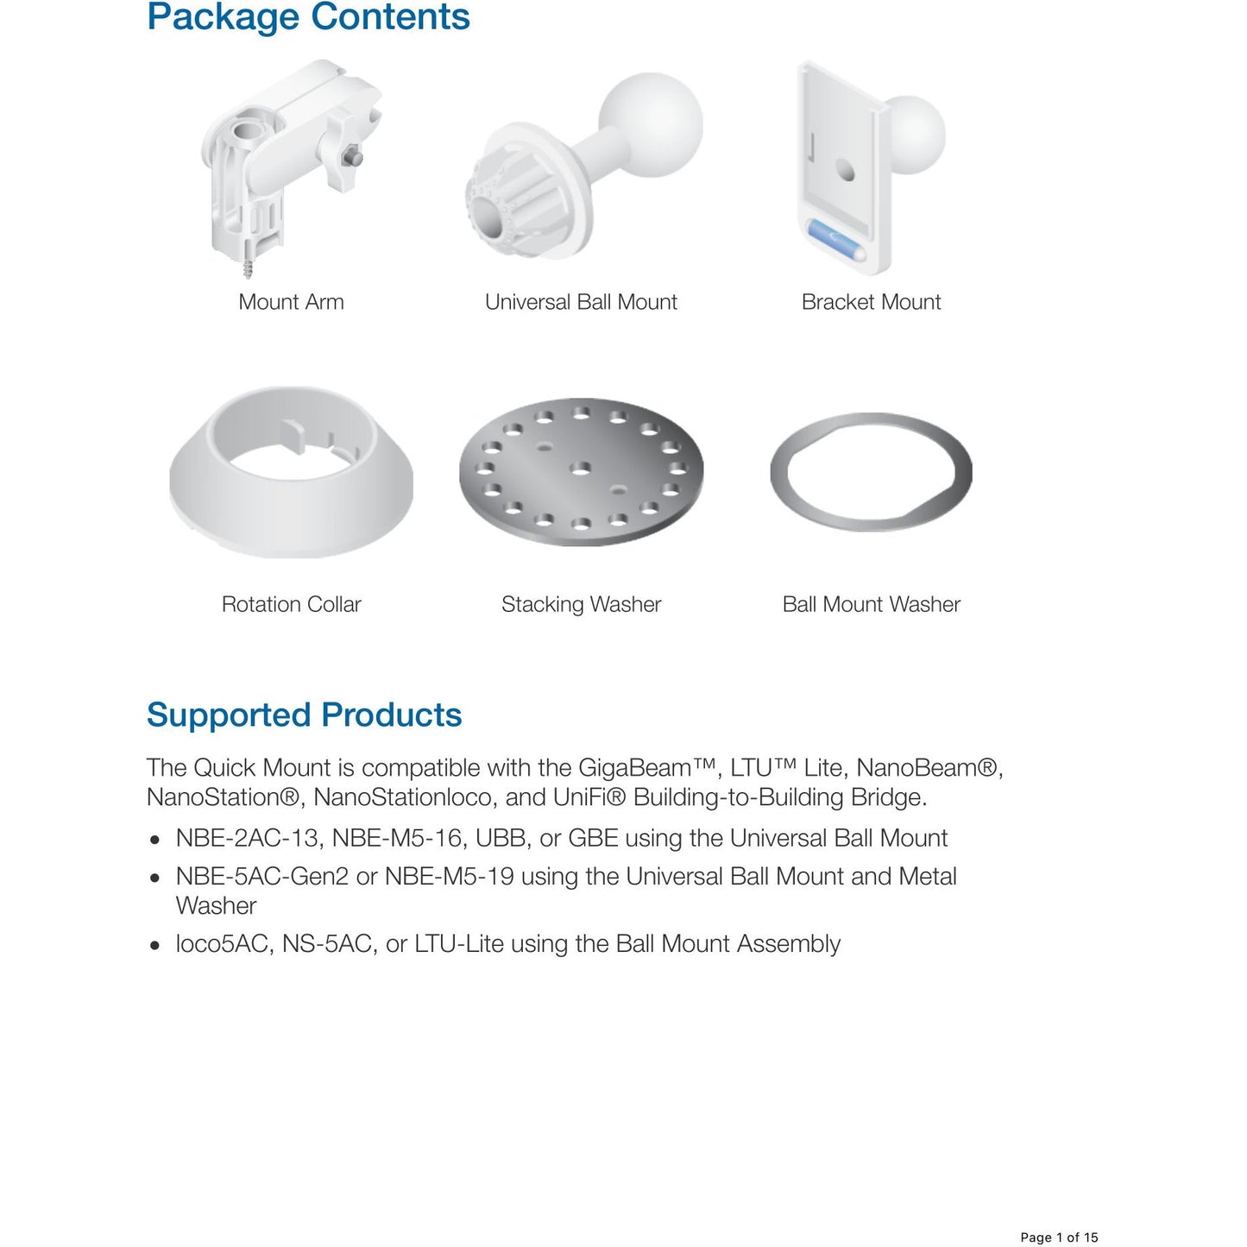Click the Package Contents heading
(x=308, y=17)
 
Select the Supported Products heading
(x=304, y=715)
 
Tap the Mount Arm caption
(x=291, y=302)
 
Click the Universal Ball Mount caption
(x=581, y=302)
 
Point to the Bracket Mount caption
(x=871, y=302)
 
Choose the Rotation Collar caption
(x=291, y=604)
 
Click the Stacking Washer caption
(x=581, y=604)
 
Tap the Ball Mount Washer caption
(x=871, y=604)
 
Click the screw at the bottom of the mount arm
(x=249, y=269)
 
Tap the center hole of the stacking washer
(x=581, y=468)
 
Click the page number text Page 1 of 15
(x=1059, y=1238)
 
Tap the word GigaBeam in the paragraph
(x=635, y=768)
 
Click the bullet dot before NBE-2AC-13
(x=154, y=840)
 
